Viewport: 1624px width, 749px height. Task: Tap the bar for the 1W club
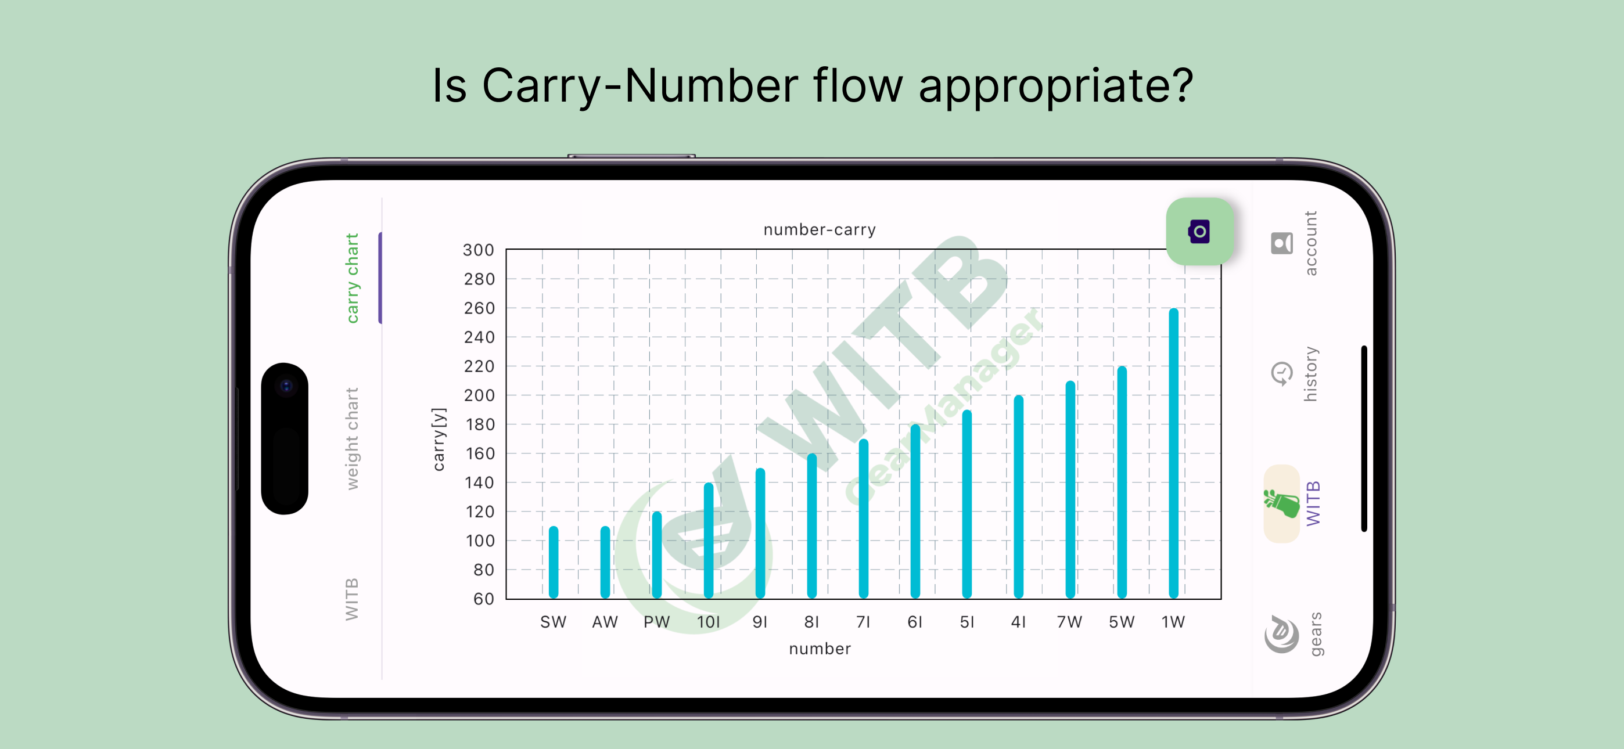[1173, 453]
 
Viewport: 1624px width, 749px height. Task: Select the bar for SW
[554, 562]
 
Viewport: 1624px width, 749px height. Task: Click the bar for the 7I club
[864, 518]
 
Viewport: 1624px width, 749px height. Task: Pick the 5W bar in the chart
[1122, 482]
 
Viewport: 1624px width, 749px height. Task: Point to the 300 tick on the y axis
[479, 250]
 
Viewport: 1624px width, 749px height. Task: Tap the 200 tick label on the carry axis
[479, 395]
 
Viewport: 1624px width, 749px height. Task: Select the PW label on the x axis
[656, 622]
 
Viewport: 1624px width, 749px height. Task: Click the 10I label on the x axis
[708, 622]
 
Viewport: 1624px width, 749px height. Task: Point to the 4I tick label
[1018, 622]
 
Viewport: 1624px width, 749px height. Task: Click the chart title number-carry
[820, 229]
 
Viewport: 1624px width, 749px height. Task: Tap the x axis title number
[820, 649]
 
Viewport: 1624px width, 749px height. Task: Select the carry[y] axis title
[439, 440]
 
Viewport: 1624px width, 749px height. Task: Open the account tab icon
[1282, 243]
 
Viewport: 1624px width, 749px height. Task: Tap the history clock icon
[1281, 374]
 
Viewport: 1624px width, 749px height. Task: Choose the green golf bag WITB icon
[1281, 504]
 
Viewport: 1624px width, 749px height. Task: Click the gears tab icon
[1282, 633]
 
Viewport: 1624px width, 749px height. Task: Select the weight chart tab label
[352, 439]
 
